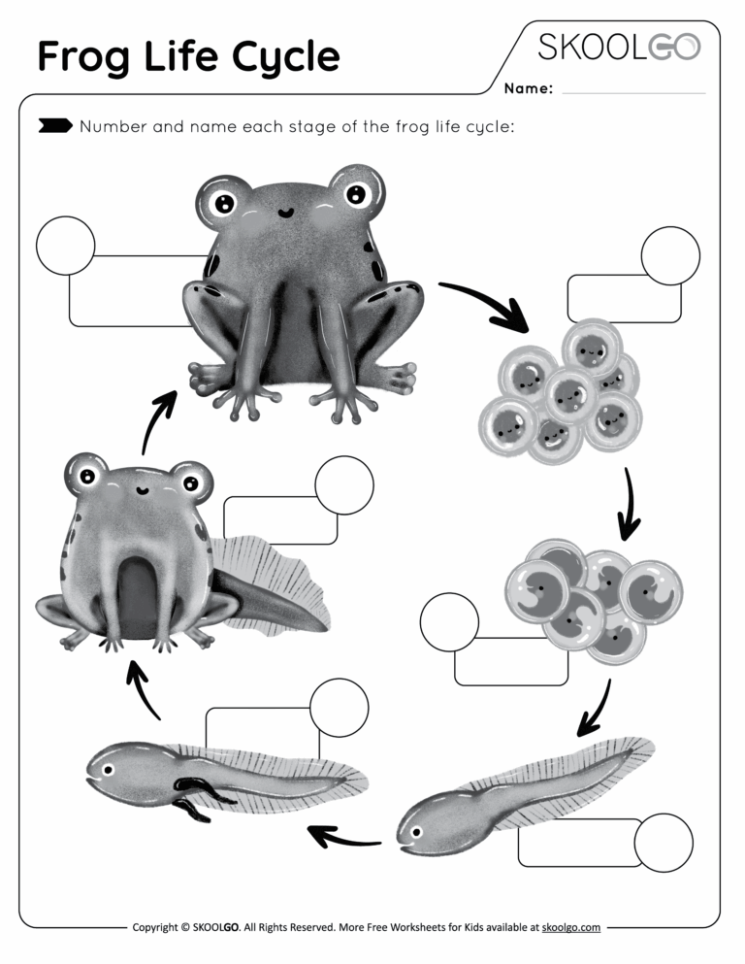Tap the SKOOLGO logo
[619, 47]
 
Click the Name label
[529, 89]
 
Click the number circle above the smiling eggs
[670, 256]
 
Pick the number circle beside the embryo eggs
[449, 621]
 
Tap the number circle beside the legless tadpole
[664, 843]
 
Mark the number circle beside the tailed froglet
[344, 484]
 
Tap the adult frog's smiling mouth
[285, 211]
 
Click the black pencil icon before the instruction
[54, 126]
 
